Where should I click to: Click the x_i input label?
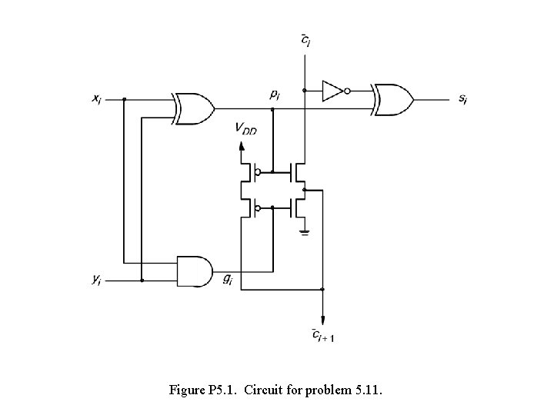(x=96, y=99)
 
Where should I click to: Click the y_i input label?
(x=96, y=281)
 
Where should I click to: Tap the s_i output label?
(x=462, y=100)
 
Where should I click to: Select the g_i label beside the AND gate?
(x=228, y=281)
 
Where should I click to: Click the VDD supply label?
(x=246, y=130)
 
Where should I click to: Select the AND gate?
(x=195, y=271)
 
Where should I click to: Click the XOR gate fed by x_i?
(x=195, y=108)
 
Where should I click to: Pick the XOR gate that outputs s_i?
(x=393, y=99)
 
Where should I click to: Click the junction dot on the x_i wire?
(x=125, y=99)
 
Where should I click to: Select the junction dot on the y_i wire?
(x=142, y=281)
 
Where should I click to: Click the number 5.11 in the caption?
(x=367, y=390)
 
